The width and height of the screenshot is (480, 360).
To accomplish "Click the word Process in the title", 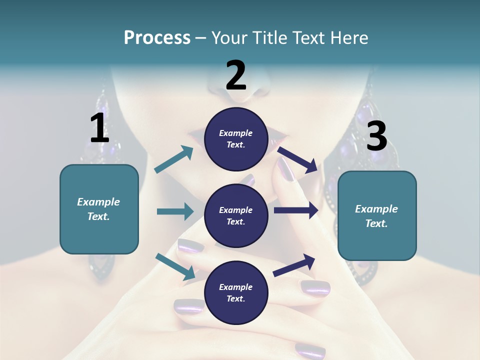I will [157, 38].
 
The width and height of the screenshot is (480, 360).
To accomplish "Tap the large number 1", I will [99, 128].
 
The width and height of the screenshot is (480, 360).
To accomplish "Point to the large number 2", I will [236, 75].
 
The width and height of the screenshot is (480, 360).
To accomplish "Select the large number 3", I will [376, 136].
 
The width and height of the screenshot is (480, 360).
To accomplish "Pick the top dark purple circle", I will [236, 139].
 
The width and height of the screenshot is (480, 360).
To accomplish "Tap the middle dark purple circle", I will [236, 215].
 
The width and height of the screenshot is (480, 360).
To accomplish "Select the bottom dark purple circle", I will [236, 292].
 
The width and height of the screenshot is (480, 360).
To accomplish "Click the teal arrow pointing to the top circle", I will [174, 159].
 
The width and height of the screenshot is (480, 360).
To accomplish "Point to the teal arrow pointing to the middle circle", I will [175, 211].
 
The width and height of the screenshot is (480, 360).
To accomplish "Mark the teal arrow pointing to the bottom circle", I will [175, 266].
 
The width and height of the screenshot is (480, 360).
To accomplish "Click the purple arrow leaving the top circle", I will [298, 159].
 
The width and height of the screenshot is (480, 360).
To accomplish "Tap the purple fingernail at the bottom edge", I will [310, 349].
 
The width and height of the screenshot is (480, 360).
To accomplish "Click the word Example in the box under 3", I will [376, 209].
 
